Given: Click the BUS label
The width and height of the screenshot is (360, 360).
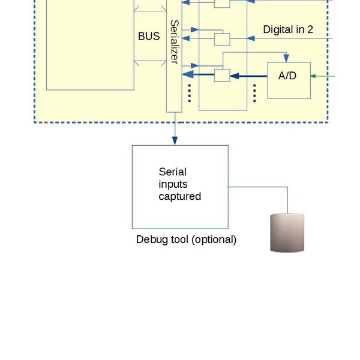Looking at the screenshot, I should (x=149, y=37).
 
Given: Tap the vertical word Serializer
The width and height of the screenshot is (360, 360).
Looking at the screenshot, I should (x=174, y=41).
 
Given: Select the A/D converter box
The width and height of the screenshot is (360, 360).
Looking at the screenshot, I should (x=289, y=80).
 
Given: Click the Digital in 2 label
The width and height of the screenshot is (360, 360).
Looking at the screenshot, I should (x=288, y=29).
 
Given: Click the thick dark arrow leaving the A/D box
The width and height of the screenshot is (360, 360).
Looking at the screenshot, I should (x=250, y=76).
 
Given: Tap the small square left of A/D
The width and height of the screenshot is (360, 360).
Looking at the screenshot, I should (x=222, y=75).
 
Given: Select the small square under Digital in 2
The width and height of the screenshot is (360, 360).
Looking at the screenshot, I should (x=222, y=40).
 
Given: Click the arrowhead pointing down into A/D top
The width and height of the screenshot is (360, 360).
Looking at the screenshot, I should (x=287, y=59).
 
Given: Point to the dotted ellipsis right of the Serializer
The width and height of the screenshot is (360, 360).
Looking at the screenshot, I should (x=190, y=93).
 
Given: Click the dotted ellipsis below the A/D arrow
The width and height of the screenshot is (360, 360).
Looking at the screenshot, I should (x=255, y=93).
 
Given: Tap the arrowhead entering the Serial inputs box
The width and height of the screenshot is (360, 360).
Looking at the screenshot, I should (x=175, y=140).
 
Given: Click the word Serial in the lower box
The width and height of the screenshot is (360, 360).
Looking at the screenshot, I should (x=173, y=172).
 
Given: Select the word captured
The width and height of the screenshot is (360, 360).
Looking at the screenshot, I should (x=179, y=196).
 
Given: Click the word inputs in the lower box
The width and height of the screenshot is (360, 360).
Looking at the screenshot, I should (x=173, y=184).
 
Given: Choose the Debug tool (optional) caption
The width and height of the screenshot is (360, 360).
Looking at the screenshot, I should (x=186, y=239).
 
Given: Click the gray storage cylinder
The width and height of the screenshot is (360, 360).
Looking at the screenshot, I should (x=287, y=233).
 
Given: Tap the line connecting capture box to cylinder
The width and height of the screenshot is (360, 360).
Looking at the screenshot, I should (x=258, y=187).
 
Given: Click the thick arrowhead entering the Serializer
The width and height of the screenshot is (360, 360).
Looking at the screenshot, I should (x=188, y=75).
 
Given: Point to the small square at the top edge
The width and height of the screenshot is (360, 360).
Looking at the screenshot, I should (x=222, y=3).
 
